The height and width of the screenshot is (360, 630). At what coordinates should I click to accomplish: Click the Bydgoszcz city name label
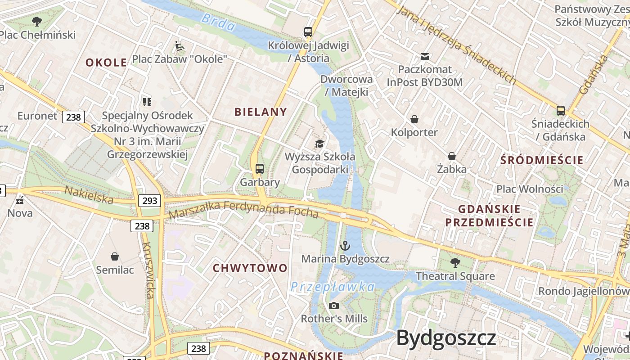pos(446,338)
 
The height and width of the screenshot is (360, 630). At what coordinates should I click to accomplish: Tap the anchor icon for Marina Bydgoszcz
pos(345,246)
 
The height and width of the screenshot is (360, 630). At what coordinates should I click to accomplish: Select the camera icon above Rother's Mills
pos(334,306)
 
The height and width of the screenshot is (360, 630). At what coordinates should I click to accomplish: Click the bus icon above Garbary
pos(260,169)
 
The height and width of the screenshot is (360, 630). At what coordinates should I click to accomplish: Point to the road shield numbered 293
pos(149,200)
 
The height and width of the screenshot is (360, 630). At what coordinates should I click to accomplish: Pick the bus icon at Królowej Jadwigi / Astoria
pos(308,32)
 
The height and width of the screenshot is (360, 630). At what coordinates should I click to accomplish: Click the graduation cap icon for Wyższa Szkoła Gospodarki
pos(319,144)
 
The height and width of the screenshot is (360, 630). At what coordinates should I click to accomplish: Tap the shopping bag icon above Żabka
pos(452,156)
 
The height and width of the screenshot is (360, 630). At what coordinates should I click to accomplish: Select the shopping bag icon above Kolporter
pos(414,119)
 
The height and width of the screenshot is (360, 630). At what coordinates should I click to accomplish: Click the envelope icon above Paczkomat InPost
pos(424,57)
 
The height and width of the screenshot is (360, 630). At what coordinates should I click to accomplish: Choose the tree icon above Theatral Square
pos(455,262)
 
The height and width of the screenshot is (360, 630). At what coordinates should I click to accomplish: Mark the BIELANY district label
pos(261,112)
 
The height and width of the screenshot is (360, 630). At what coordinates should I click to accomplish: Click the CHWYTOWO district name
pos(250,268)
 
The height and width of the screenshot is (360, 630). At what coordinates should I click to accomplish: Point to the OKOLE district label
pos(106,63)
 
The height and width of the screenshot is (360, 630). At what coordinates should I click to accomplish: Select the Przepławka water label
pos(333,287)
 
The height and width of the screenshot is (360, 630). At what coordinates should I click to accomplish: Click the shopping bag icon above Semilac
pos(115,256)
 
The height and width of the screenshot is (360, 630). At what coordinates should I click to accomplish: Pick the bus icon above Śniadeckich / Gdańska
pos(561,110)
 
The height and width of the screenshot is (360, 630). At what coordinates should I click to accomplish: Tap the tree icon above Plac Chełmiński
pos(37,21)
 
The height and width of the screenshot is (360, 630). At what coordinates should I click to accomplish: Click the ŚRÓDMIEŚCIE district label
pos(542,160)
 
